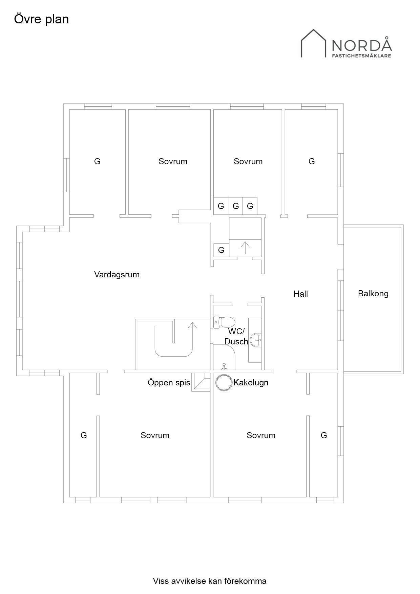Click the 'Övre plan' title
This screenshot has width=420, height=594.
(41, 19)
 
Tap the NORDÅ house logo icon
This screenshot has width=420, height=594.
(314, 43)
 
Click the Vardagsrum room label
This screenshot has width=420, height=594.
(117, 274)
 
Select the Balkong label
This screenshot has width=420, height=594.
(373, 293)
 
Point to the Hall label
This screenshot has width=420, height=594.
(301, 294)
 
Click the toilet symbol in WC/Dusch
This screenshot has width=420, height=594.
(224, 322)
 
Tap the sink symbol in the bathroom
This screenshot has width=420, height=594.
(256, 340)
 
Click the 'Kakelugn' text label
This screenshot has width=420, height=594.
(251, 383)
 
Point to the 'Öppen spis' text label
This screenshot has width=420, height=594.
(169, 383)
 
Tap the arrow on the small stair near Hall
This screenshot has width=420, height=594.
(245, 247)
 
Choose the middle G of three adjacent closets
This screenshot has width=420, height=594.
(236, 206)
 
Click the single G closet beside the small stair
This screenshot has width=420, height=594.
(221, 250)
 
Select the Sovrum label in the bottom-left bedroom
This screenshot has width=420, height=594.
(155, 435)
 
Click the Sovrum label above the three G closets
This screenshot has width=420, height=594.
(248, 161)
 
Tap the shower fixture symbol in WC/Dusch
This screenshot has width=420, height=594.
(224, 366)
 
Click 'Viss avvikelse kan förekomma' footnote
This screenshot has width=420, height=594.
(210, 581)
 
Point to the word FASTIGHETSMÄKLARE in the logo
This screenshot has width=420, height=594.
(361, 55)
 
